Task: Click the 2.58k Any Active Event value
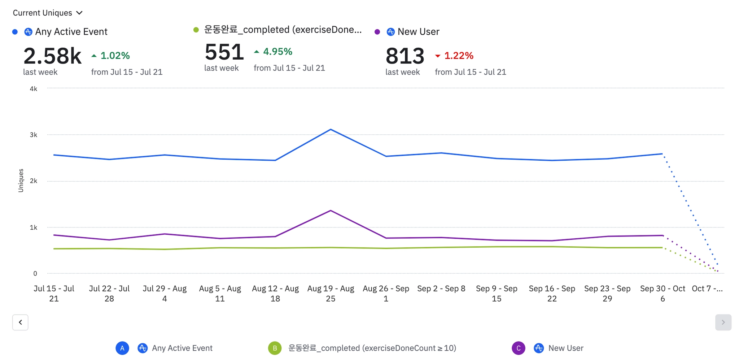[53, 56]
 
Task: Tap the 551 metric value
[224, 52]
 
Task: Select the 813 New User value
[405, 56]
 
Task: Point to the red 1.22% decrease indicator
[454, 56]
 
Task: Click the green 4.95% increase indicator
[273, 52]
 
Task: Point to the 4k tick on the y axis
[34, 89]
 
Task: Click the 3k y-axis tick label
[34, 135]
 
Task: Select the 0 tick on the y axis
[35, 274]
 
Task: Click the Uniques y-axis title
[21, 181]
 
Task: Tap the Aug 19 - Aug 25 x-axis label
[331, 294]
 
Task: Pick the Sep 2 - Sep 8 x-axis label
[441, 289]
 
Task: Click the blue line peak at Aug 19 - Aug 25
[331, 129]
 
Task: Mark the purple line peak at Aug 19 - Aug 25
[331, 211]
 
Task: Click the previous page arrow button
[20, 322]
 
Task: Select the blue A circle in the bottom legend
[122, 348]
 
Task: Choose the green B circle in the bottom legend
[275, 348]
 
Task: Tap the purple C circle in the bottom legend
[518, 348]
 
